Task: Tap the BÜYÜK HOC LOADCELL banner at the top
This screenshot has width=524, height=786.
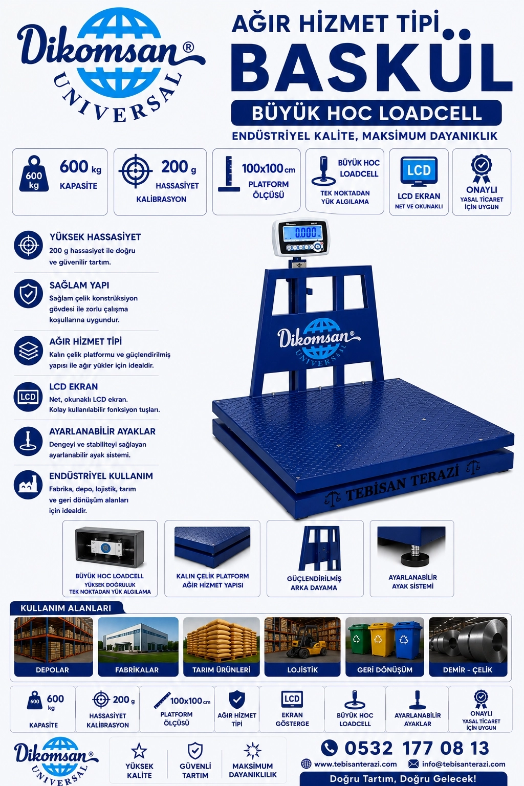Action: pos(366,113)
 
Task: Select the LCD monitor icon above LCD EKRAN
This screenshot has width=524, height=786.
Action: pos(419,171)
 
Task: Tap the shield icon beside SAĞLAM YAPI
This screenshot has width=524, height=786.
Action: pos(29,294)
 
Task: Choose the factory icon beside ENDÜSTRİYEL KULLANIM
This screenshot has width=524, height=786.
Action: pos(28,485)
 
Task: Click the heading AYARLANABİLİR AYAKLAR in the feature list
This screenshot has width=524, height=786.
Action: pos(102,431)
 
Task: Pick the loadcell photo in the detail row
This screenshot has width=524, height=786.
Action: pos(110,548)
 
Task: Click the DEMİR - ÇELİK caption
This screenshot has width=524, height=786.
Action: pos(468,669)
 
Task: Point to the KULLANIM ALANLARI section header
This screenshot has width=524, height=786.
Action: pos(65,608)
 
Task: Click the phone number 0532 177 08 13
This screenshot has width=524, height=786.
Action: pos(417,748)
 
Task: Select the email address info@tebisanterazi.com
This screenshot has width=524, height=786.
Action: pos(464,764)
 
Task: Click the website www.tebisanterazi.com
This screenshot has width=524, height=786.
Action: pos(356,764)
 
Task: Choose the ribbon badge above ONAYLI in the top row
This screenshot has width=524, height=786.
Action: pos(482,168)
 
